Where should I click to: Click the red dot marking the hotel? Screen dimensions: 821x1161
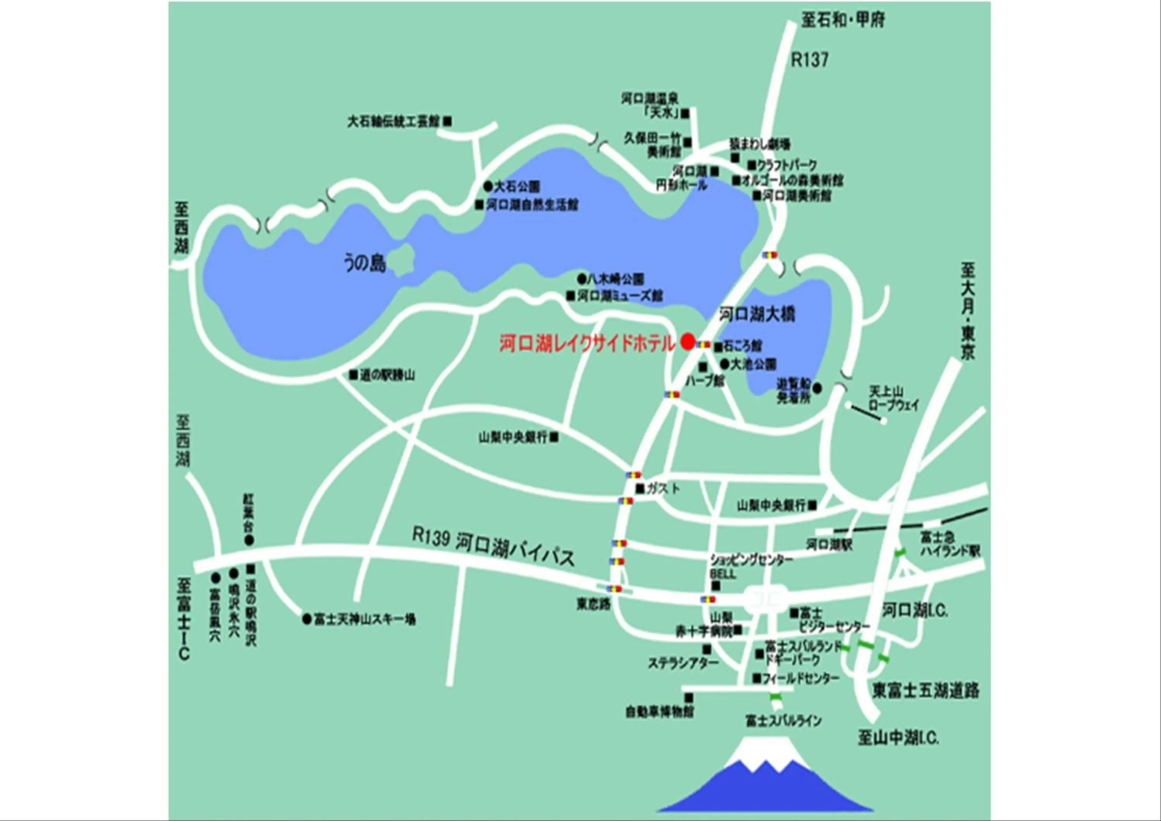[687, 342]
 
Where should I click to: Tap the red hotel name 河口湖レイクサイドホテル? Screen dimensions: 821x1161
[587, 344]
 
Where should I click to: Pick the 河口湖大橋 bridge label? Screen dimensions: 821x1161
[757, 314]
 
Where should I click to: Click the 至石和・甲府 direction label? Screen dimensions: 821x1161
[843, 20]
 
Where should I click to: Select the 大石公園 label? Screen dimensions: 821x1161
[517, 187]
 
